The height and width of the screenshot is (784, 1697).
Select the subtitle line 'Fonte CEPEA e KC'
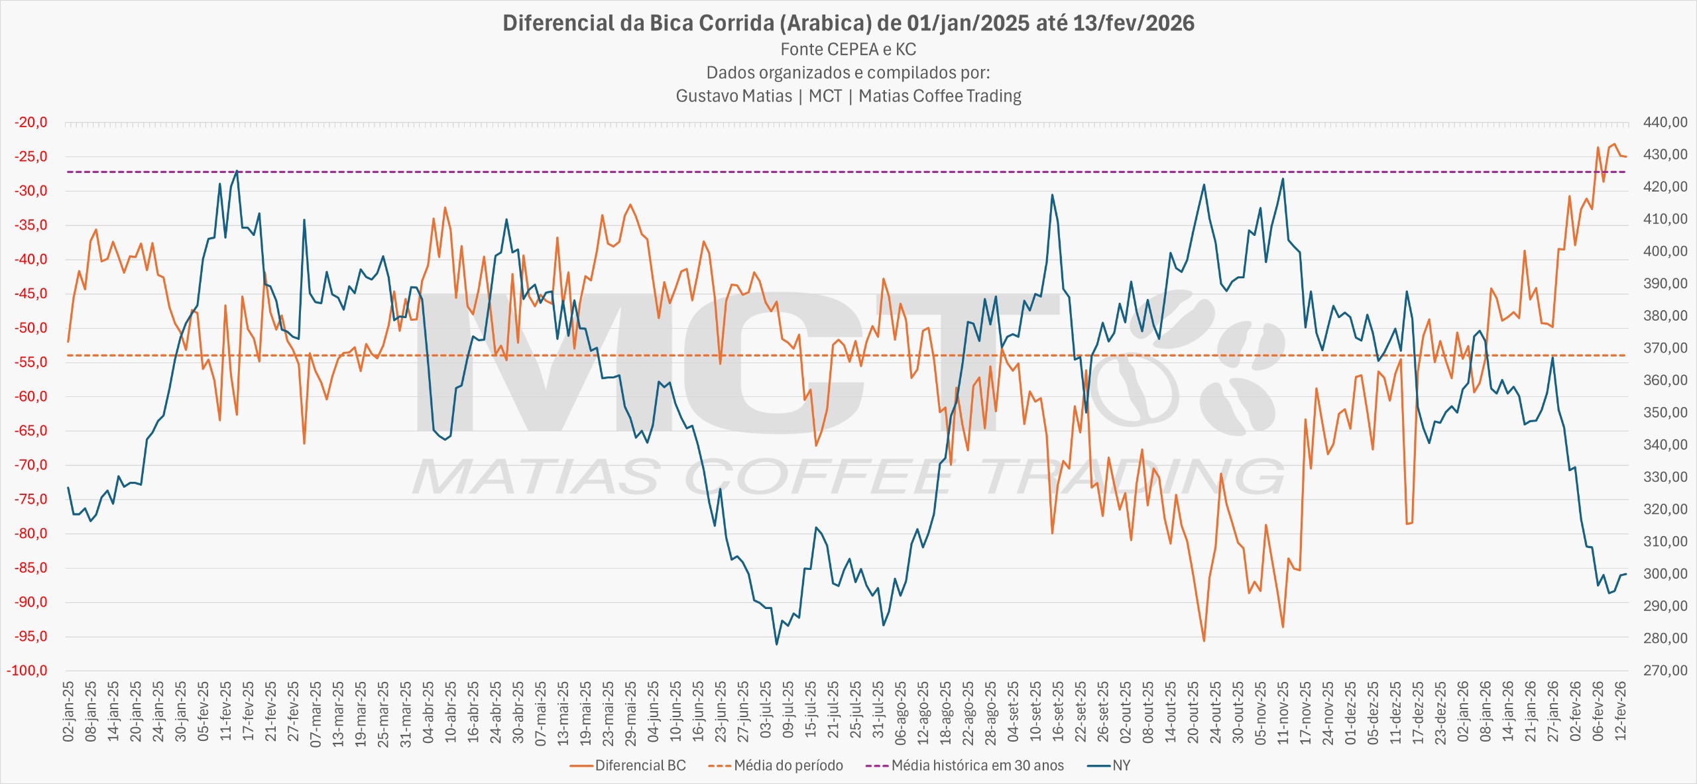click(x=848, y=50)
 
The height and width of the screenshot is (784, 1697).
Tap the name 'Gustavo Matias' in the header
click(x=733, y=96)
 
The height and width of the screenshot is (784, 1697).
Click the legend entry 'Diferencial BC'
click(x=640, y=765)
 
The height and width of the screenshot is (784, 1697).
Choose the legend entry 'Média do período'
click(x=788, y=765)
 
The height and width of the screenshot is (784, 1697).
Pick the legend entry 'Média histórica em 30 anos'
click(x=977, y=765)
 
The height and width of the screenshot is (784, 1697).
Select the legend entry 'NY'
click(x=1121, y=765)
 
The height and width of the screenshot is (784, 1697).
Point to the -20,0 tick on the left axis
click(x=31, y=123)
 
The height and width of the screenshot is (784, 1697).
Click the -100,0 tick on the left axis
click(x=28, y=671)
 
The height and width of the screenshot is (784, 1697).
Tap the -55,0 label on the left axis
click(x=31, y=362)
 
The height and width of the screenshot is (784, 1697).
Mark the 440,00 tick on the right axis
click(x=1665, y=123)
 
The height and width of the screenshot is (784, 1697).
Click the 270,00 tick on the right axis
click(x=1665, y=671)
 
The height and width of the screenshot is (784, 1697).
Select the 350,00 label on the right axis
click(x=1665, y=413)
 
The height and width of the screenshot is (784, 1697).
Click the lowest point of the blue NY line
click(x=777, y=644)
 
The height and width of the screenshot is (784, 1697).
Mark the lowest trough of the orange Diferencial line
click(x=1204, y=641)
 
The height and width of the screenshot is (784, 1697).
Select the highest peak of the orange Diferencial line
click(x=1614, y=144)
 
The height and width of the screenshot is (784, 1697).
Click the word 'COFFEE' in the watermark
click(x=819, y=477)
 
